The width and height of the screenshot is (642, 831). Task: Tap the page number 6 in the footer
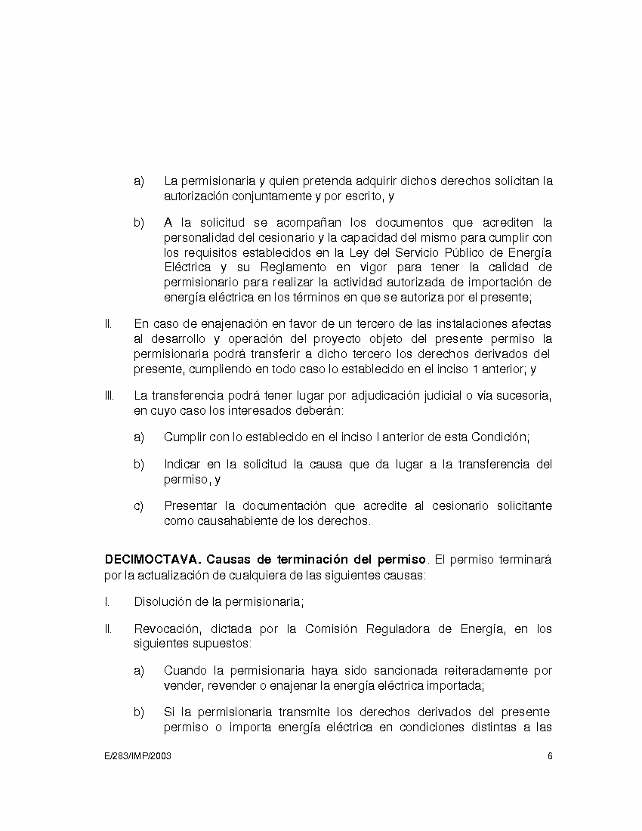coord(550,756)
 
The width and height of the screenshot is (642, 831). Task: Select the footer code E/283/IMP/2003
coord(137,756)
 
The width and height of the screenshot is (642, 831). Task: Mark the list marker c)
coord(139,505)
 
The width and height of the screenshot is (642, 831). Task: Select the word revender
coord(226,685)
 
